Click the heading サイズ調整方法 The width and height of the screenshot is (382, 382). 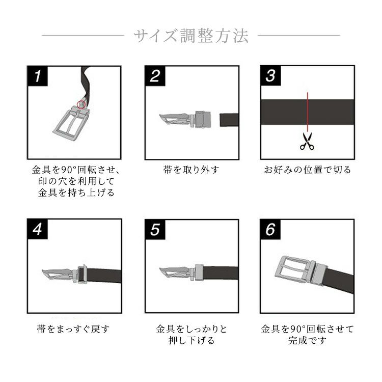point(191,36)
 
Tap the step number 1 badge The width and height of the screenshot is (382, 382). point(38,76)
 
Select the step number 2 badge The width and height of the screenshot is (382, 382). point(155,76)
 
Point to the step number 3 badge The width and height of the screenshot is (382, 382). point(270,75)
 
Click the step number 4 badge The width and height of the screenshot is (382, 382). point(38,229)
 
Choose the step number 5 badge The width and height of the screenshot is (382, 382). point(155,230)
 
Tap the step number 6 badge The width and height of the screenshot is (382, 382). point(270,229)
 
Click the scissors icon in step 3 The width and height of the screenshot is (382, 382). point(307,141)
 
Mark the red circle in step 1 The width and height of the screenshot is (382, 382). point(81,104)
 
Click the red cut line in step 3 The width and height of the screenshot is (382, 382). point(308,112)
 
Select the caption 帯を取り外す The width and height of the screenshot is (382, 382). point(191,170)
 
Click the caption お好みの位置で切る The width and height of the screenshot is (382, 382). point(308,170)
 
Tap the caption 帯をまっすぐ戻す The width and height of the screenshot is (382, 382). point(73,329)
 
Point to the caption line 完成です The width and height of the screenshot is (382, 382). point(307,340)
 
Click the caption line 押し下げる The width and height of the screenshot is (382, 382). point(192,340)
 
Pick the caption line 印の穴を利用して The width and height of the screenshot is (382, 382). point(76,181)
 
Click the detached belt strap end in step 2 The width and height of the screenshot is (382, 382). point(229,120)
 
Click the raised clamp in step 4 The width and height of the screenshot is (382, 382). point(83,274)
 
